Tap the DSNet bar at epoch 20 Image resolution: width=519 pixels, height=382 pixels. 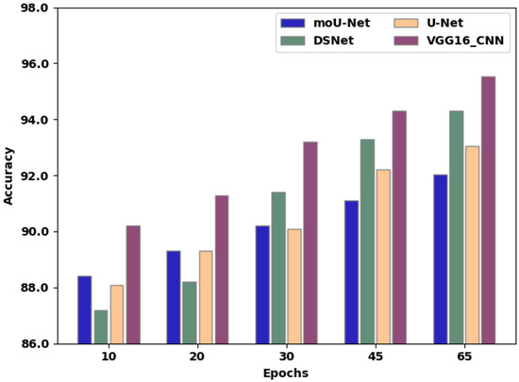coord(190,312)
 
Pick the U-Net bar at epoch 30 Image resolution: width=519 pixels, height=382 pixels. coord(294,286)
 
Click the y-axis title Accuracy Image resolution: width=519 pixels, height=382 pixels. coord(9,175)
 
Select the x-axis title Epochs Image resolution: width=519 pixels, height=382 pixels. coord(285,374)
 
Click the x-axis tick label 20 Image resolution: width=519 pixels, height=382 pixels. coord(196,356)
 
